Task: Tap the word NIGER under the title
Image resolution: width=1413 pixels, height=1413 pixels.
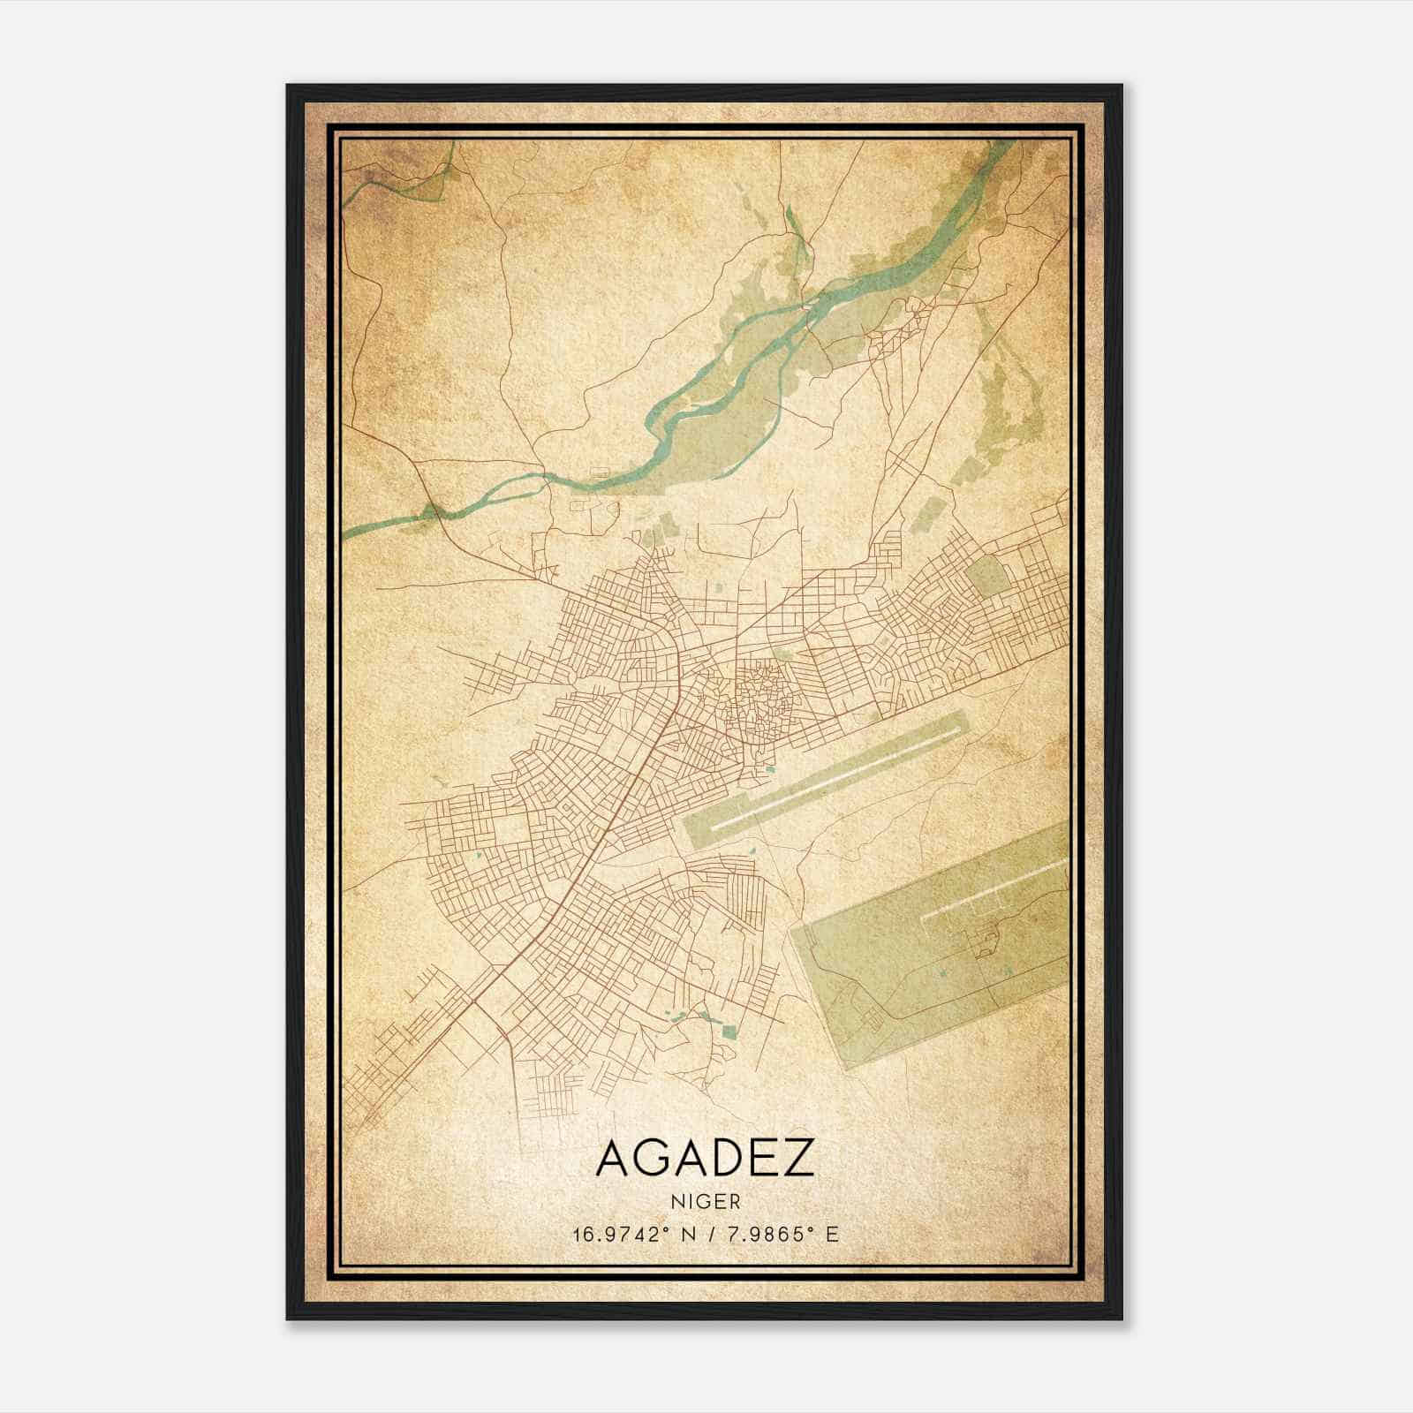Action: tap(705, 1202)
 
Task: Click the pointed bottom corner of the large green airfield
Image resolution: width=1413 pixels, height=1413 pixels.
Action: tap(845, 1069)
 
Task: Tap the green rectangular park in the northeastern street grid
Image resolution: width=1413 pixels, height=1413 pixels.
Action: tap(986, 577)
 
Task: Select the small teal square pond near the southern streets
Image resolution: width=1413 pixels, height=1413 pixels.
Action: tap(729, 1031)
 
